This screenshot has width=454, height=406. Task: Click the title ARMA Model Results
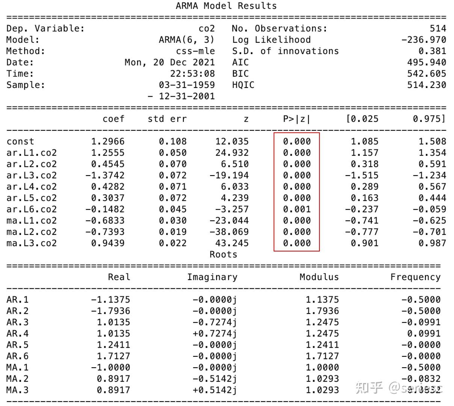(226, 6)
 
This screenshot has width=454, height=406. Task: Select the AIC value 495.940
(427, 62)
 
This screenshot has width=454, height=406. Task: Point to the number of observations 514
(438, 29)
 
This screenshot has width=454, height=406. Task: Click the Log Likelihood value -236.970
(424, 40)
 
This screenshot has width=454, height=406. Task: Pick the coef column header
(113, 119)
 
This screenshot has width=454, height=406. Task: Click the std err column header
(167, 119)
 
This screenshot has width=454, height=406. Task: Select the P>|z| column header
(297, 119)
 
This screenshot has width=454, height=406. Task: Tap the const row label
(20, 142)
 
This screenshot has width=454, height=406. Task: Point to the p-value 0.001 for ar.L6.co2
(297, 209)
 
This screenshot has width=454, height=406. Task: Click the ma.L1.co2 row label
(32, 221)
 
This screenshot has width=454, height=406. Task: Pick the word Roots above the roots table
(223, 255)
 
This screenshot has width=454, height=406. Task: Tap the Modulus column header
(319, 277)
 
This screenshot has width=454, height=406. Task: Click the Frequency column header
(415, 277)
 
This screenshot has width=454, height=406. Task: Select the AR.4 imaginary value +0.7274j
(215, 334)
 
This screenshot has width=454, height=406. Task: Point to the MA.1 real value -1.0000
(110, 368)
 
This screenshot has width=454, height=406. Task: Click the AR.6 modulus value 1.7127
(322, 356)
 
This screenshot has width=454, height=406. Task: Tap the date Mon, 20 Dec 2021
(169, 62)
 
